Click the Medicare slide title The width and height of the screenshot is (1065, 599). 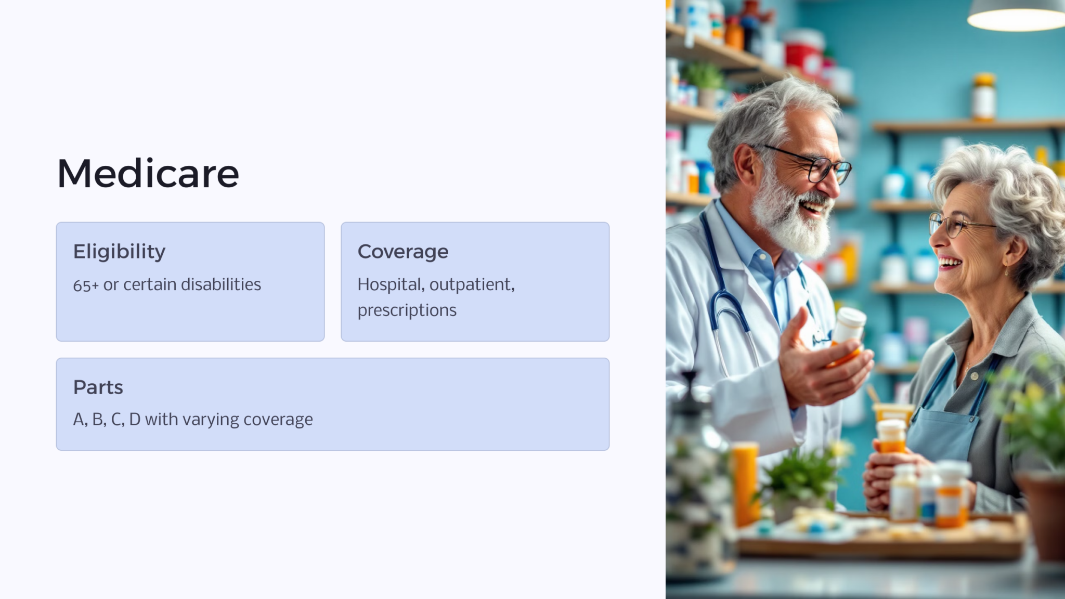pos(148,174)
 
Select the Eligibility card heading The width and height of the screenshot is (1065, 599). pos(119,252)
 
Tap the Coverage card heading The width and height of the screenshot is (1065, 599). pos(402,252)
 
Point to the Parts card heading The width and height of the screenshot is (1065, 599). pos(98,387)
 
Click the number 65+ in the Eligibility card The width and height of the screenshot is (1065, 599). pos(86,285)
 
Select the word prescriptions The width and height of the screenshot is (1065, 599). pos(407,310)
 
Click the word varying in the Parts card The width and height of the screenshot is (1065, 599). pos(210,419)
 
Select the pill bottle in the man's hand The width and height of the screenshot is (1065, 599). pos(849,333)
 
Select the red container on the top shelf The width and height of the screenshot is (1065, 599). pos(803,52)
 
